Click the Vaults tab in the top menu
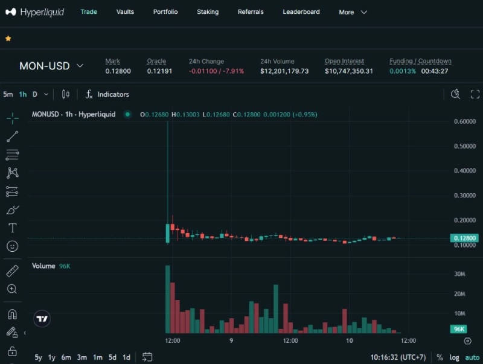(125, 12)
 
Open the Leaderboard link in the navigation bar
(301, 12)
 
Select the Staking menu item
(208, 12)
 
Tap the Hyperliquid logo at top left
(36, 12)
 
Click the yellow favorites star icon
(8, 39)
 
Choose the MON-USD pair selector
(51, 66)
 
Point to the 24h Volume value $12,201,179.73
(284, 71)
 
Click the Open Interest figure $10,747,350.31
(349, 71)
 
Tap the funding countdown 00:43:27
(435, 71)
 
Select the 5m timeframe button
(8, 94)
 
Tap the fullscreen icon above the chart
(475, 94)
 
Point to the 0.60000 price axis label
(465, 121)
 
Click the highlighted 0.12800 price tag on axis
(464, 238)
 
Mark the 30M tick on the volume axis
(459, 275)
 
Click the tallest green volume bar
(167, 299)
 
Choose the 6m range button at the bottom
(66, 357)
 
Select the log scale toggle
(454, 357)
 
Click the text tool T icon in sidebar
(12, 228)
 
